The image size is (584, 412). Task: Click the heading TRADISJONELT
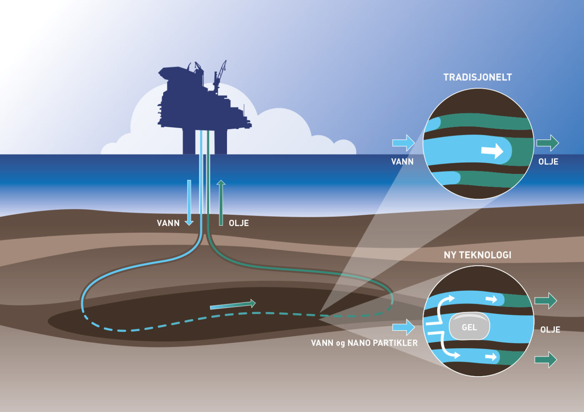[x=477, y=77]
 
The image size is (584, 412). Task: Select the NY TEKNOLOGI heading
[x=477, y=255]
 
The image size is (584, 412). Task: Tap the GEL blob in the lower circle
[x=469, y=327]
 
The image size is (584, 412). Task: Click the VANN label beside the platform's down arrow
[x=168, y=223]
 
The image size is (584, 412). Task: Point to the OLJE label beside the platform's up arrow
[x=239, y=223]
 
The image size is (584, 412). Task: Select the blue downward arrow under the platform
[x=189, y=203]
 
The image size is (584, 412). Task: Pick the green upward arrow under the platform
[x=221, y=203]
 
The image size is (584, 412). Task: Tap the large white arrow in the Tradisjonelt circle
[x=493, y=151]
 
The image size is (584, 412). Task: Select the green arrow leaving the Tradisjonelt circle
[x=547, y=143]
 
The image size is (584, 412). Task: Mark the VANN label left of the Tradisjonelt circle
[x=402, y=161]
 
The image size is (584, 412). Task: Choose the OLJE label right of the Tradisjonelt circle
[x=548, y=161]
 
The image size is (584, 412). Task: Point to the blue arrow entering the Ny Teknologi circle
[x=403, y=327]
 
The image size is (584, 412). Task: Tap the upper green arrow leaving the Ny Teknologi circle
[x=546, y=300]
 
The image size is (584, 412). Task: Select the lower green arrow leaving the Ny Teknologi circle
[x=546, y=359]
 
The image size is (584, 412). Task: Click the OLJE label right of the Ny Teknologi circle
[x=550, y=329]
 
